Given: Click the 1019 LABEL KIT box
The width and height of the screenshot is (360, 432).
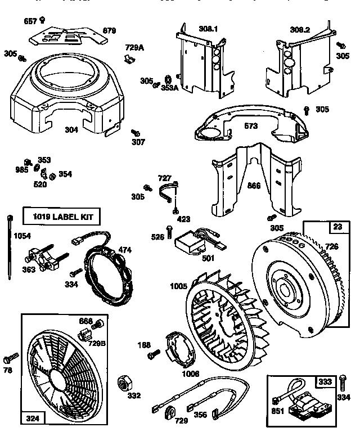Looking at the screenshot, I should coord(62,216).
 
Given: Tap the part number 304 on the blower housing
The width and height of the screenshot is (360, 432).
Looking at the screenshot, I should coord(71,129).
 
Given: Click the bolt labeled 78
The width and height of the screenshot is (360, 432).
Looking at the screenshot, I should coord(10,358).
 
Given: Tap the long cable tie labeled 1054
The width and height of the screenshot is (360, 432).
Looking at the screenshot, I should coord(10,247).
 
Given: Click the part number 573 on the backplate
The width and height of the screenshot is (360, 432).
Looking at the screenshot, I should coord(251,127).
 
